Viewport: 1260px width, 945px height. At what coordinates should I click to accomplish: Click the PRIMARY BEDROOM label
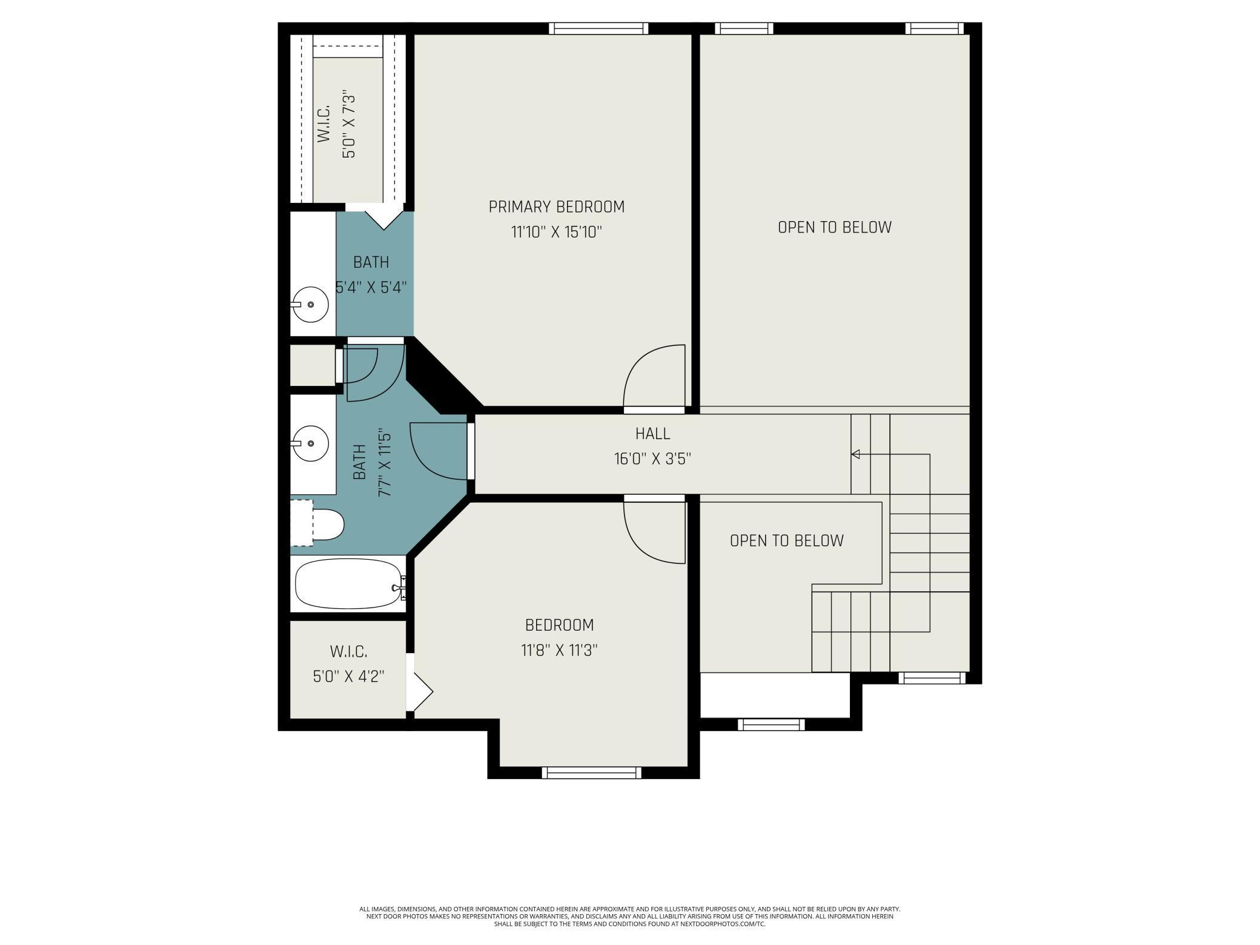pos(556,207)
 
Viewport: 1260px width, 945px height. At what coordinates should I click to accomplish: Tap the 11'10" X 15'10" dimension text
pos(556,232)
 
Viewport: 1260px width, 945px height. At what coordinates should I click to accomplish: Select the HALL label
pos(652,434)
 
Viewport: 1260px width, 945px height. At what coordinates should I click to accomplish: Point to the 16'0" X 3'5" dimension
pos(652,459)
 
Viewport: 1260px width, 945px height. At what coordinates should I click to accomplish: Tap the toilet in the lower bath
pos(318,525)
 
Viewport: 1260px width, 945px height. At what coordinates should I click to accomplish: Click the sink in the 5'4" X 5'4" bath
pos(310,304)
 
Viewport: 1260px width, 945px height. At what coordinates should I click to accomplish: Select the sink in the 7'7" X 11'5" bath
pos(310,444)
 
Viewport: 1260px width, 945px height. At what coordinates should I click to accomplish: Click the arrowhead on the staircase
pos(855,454)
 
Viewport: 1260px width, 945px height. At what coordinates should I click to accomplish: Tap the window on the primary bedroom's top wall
pos(598,28)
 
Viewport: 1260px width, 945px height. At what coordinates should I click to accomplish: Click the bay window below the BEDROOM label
pos(591,772)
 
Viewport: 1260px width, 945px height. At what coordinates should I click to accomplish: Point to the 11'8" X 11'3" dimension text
pos(559,651)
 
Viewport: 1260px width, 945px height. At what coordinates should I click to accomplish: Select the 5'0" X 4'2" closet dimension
pos(348,677)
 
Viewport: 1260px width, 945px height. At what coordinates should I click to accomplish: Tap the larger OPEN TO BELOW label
pos(835,227)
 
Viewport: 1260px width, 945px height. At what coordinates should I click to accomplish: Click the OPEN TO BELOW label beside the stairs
pos(786,541)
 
